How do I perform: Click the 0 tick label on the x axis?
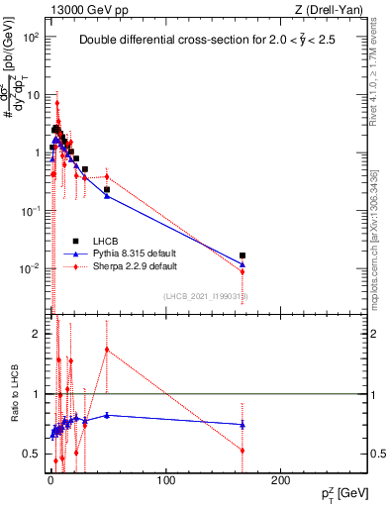(51, 479)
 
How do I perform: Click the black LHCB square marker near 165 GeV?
(242, 255)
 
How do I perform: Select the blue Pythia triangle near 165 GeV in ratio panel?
(242, 424)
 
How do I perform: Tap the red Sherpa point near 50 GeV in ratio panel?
(107, 350)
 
